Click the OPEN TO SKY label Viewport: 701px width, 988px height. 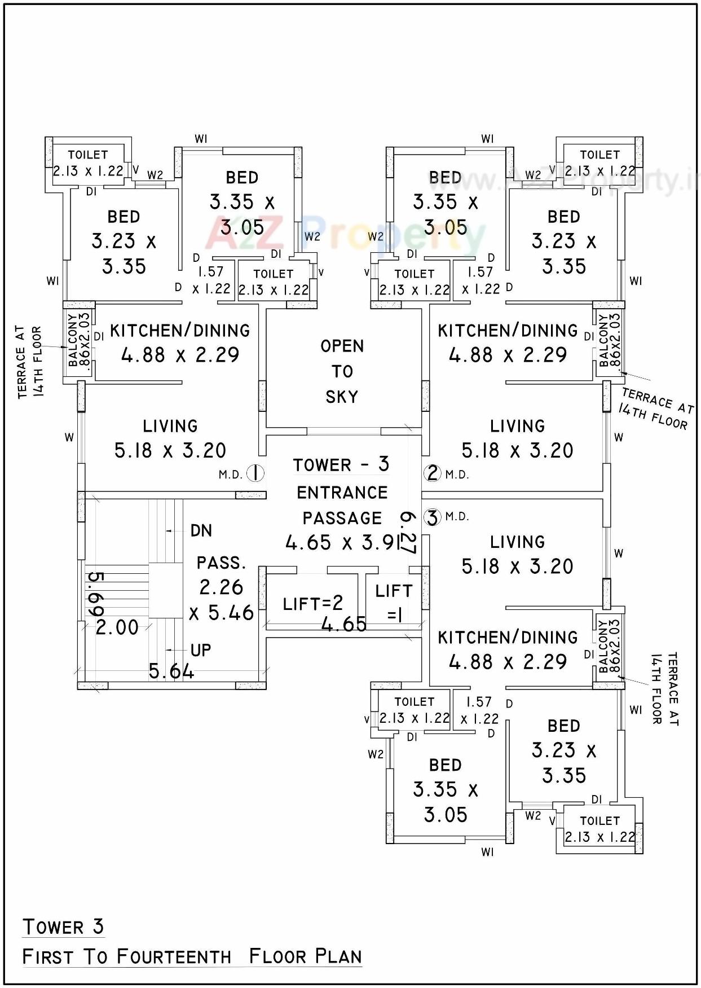342,371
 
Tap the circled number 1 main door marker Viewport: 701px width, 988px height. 255,473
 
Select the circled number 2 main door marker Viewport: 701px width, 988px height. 433,473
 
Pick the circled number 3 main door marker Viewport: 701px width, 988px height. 432,517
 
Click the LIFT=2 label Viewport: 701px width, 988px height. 313,604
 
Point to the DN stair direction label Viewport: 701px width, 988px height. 201,531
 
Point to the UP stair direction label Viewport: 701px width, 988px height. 200,651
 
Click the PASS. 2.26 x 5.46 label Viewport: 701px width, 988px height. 222,588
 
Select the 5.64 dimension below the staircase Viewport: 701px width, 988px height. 171,671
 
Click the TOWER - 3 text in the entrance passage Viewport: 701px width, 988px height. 341,464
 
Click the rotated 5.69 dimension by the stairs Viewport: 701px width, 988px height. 96,595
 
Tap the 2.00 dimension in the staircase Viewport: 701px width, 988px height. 117,627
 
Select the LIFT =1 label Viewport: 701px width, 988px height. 394,602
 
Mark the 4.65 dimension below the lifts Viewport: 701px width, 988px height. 344,624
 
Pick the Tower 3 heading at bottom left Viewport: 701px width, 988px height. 63,927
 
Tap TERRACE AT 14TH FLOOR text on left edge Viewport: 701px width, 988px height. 29,362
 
